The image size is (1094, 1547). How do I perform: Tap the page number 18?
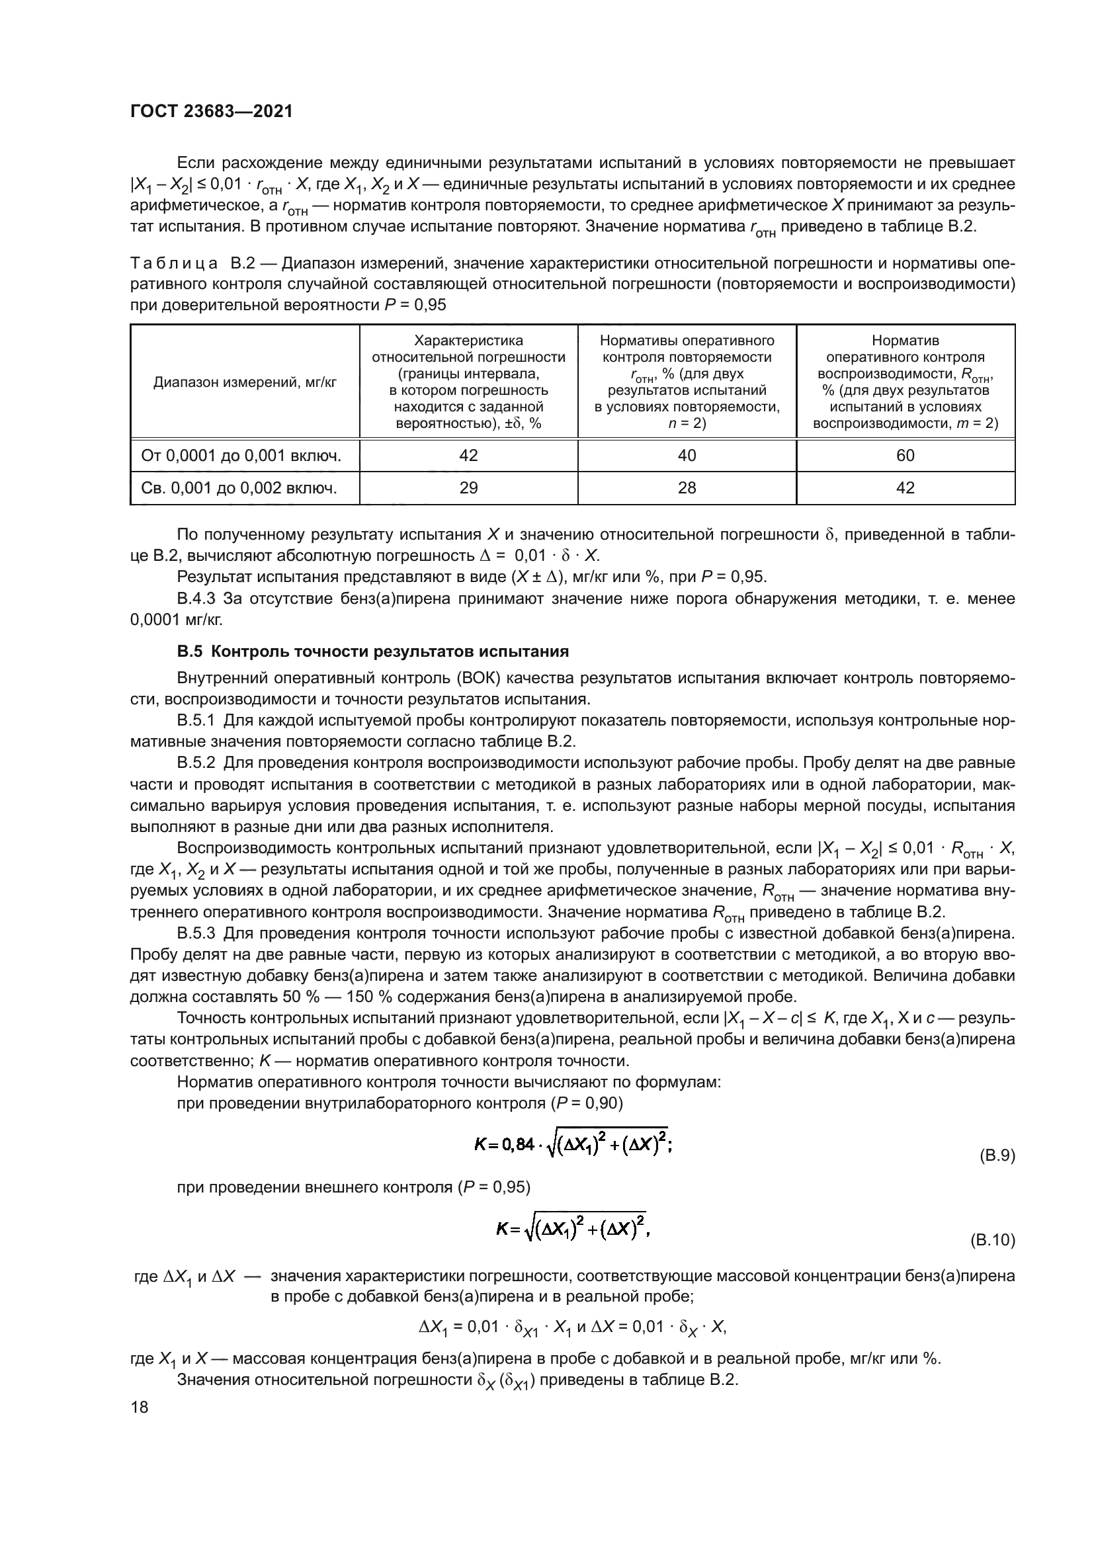coord(140,1407)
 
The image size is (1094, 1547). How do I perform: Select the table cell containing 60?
coord(905,456)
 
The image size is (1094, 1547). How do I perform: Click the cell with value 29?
coord(468,488)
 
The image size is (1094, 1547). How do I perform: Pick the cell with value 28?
coord(687,488)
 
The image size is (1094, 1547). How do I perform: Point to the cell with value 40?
coord(687,456)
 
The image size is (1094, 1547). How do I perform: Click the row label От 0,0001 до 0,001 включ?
coord(241,456)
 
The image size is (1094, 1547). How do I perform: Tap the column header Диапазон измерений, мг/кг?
coord(245,383)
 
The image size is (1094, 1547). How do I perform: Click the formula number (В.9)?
coord(995,1156)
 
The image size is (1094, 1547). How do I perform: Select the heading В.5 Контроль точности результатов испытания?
coord(372,651)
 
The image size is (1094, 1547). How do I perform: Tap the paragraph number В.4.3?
coord(196,599)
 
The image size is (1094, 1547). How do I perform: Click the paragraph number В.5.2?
coord(196,763)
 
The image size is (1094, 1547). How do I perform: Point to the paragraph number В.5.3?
coord(196,933)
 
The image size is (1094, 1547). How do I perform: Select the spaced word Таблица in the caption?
coord(174,263)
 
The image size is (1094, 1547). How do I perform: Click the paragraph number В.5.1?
coord(196,720)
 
